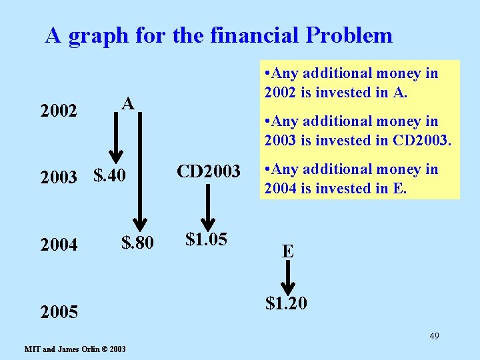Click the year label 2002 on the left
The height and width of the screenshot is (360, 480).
(59, 111)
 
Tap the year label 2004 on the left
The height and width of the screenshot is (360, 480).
(59, 245)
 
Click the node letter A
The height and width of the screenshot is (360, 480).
(128, 103)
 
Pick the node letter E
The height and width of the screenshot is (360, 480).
(287, 252)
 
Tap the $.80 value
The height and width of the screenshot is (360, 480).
(137, 243)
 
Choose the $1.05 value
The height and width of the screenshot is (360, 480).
(206, 239)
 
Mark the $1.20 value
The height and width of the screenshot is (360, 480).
(286, 304)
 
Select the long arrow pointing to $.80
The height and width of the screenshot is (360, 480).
(141, 171)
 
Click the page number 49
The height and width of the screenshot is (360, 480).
(433, 335)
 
